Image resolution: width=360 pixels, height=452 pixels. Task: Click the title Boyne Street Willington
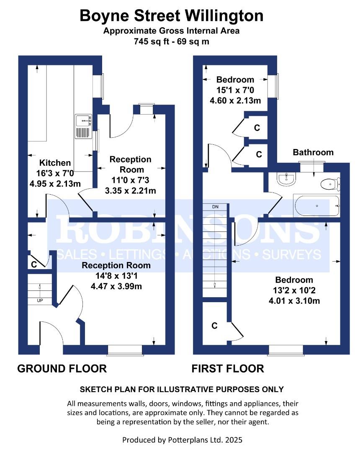(x=172, y=16)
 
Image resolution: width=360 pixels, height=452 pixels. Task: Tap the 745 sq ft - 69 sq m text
(x=172, y=41)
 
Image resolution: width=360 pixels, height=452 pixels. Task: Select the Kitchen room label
(x=55, y=163)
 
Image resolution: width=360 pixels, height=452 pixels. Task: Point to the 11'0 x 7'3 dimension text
(x=130, y=181)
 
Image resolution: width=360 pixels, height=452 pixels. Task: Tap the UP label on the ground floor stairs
(x=40, y=300)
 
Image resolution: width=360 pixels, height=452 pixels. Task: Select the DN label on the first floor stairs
(x=216, y=207)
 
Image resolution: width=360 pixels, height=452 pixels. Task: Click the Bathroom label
(x=313, y=152)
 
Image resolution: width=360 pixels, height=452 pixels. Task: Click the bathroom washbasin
(x=287, y=179)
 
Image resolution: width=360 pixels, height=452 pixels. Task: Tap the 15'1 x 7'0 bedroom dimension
(x=235, y=90)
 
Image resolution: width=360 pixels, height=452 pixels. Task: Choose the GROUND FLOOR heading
(x=62, y=369)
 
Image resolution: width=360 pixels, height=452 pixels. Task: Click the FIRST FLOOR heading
(x=228, y=369)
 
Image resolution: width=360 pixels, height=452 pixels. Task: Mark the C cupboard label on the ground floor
(x=34, y=264)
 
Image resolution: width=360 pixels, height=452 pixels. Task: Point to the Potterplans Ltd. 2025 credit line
(x=182, y=440)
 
